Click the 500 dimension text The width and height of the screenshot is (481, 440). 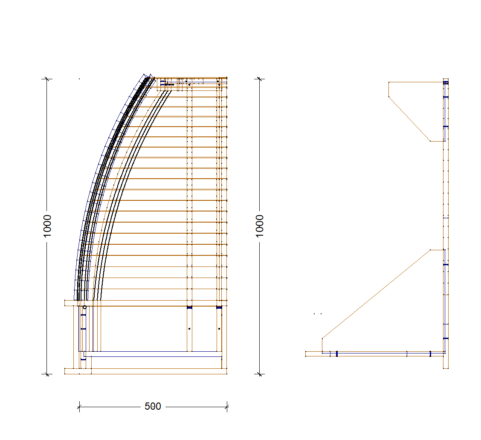pyautogui.click(x=153, y=406)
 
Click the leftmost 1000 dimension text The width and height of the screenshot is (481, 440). pyautogui.click(x=47, y=226)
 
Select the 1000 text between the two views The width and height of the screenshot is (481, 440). pyautogui.click(x=260, y=226)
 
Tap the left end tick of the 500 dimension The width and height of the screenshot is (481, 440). pyautogui.click(x=79, y=407)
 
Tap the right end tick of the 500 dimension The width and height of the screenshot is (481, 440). pyautogui.click(x=227, y=407)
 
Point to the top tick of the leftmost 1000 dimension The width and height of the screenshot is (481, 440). pyautogui.click(x=47, y=79)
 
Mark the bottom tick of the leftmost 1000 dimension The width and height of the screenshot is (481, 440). pyautogui.click(x=47, y=374)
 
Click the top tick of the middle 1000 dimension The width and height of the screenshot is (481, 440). pyautogui.click(x=260, y=79)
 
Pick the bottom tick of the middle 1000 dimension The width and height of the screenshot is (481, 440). pyautogui.click(x=260, y=374)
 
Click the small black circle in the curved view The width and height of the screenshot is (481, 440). pyautogui.click(x=85, y=307)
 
